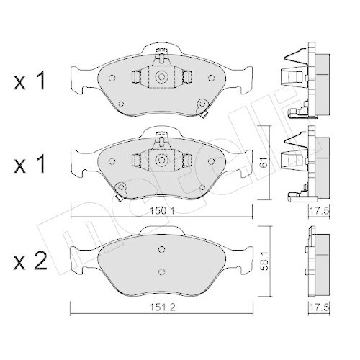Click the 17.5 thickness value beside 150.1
pyautogui.click(x=314, y=211)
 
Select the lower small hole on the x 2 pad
pyautogui.click(x=161, y=271)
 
